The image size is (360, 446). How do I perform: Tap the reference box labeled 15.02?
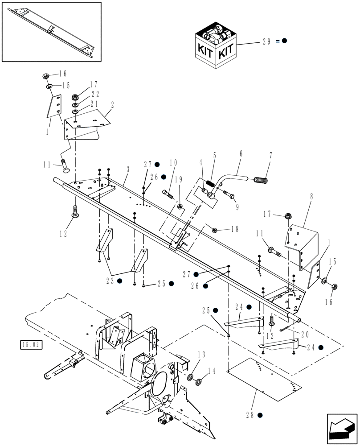click(31, 344)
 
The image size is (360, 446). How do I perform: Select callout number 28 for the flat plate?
click(250, 414)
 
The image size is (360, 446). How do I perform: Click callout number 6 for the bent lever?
click(241, 154)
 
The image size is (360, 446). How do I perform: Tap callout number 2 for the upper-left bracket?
click(112, 106)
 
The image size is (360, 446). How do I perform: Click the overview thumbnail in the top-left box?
click(51, 31)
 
